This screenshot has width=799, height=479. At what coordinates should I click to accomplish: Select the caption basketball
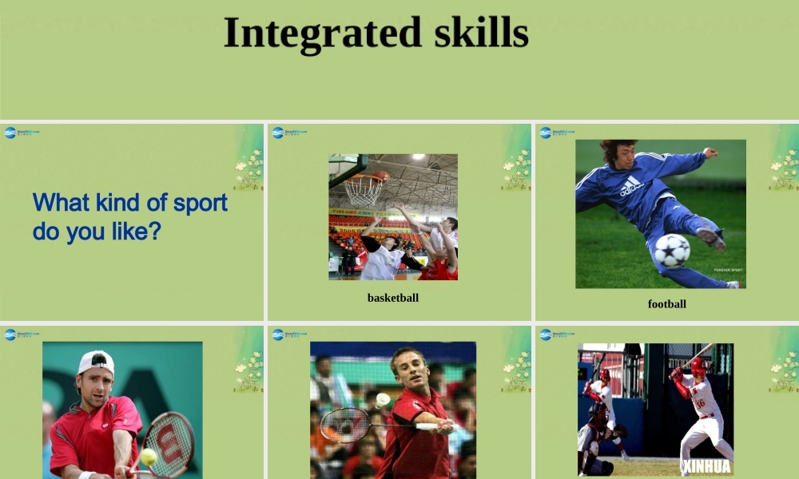point(392,298)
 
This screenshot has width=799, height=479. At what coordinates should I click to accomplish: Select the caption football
point(666,303)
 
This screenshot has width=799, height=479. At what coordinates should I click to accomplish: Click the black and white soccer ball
point(671,250)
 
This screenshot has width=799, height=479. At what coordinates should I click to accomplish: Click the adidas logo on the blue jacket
point(630,187)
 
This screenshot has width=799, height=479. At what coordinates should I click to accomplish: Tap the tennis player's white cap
point(97,362)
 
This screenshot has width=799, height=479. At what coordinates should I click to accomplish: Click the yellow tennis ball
point(149,456)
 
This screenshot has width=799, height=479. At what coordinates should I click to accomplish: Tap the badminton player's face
point(408,370)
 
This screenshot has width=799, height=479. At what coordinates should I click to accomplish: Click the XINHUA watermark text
point(707,465)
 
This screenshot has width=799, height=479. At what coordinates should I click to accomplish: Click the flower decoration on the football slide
point(785,168)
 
